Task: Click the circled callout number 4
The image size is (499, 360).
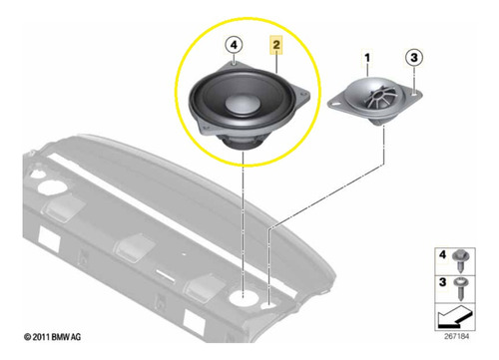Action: point(234,45)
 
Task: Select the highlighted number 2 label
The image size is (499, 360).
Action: point(276,45)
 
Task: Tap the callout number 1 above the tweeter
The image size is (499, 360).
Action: point(367,58)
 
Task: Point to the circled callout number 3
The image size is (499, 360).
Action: point(414,57)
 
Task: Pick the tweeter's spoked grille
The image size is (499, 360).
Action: point(382,96)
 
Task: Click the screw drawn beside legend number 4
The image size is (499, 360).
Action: point(461,260)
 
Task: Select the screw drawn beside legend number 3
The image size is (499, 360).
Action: point(461,288)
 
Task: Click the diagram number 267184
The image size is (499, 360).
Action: point(456,336)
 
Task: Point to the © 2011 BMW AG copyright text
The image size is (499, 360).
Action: point(52,337)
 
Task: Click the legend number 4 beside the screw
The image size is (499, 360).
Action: point(442,255)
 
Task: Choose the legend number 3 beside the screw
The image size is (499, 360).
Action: point(442,282)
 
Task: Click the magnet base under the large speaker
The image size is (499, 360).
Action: point(242,143)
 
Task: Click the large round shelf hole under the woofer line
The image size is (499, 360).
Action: point(243,296)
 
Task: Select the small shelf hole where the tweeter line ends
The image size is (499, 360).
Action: point(268,306)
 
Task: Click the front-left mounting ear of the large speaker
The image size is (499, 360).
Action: point(205,127)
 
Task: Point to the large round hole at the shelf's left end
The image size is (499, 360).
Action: point(51,187)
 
